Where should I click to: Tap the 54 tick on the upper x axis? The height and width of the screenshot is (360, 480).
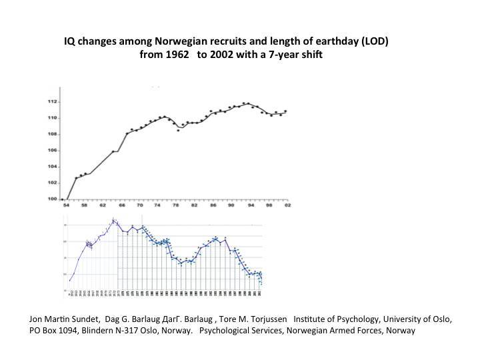pos(64,205)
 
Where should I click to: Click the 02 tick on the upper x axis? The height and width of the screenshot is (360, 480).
pos(286,205)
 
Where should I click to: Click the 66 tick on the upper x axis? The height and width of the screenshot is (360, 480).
pos(120,205)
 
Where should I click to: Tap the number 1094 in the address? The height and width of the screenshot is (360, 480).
pos(71,331)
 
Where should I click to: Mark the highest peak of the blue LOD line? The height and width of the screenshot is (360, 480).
pos(114,219)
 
